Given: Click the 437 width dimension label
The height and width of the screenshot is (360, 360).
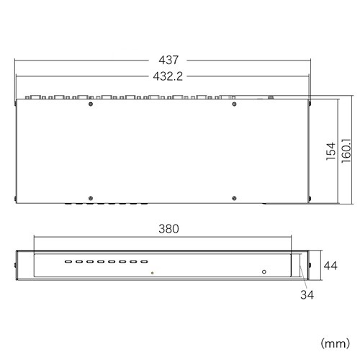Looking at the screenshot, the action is click(x=168, y=60).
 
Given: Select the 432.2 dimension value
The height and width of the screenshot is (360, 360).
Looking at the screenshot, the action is click(x=168, y=76).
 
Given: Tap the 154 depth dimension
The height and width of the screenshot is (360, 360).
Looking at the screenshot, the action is click(x=331, y=151).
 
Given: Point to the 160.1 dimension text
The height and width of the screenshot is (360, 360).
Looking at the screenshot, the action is click(x=346, y=150).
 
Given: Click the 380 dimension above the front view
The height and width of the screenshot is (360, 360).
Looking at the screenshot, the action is click(x=168, y=229).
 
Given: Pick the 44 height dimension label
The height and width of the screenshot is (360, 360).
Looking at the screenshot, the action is click(x=330, y=266).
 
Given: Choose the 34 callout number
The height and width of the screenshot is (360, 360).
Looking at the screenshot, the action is click(x=307, y=294).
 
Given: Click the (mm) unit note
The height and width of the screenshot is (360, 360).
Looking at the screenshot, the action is click(x=336, y=343).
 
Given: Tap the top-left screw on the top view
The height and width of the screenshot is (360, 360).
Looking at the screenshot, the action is click(x=91, y=104).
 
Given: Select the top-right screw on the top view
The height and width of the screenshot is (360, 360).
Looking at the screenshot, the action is click(x=235, y=104).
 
